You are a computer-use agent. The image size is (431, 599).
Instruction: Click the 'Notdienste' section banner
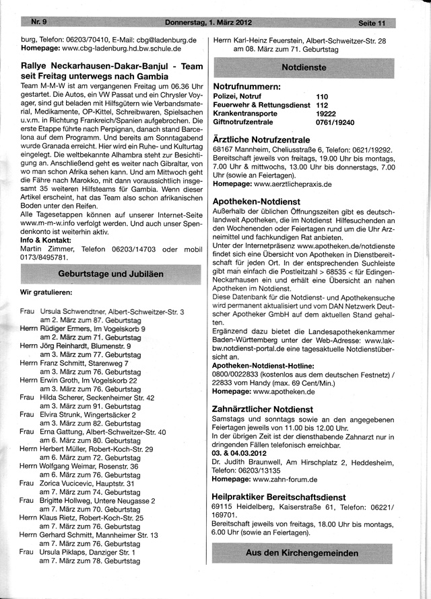pyautogui.click(x=304, y=67)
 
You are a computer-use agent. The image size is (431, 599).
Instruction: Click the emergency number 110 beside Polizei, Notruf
pyautogui.click(x=322, y=97)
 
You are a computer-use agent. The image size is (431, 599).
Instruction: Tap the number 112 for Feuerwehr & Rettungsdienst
pyautogui.click(x=322, y=106)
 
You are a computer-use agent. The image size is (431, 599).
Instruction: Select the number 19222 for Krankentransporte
pyautogui.click(x=326, y=114)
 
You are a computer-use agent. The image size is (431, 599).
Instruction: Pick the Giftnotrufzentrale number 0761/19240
pyautogui.click(x=335, y=123)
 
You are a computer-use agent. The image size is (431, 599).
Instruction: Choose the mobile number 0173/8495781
pyautogui.click(x=44, y=257)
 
